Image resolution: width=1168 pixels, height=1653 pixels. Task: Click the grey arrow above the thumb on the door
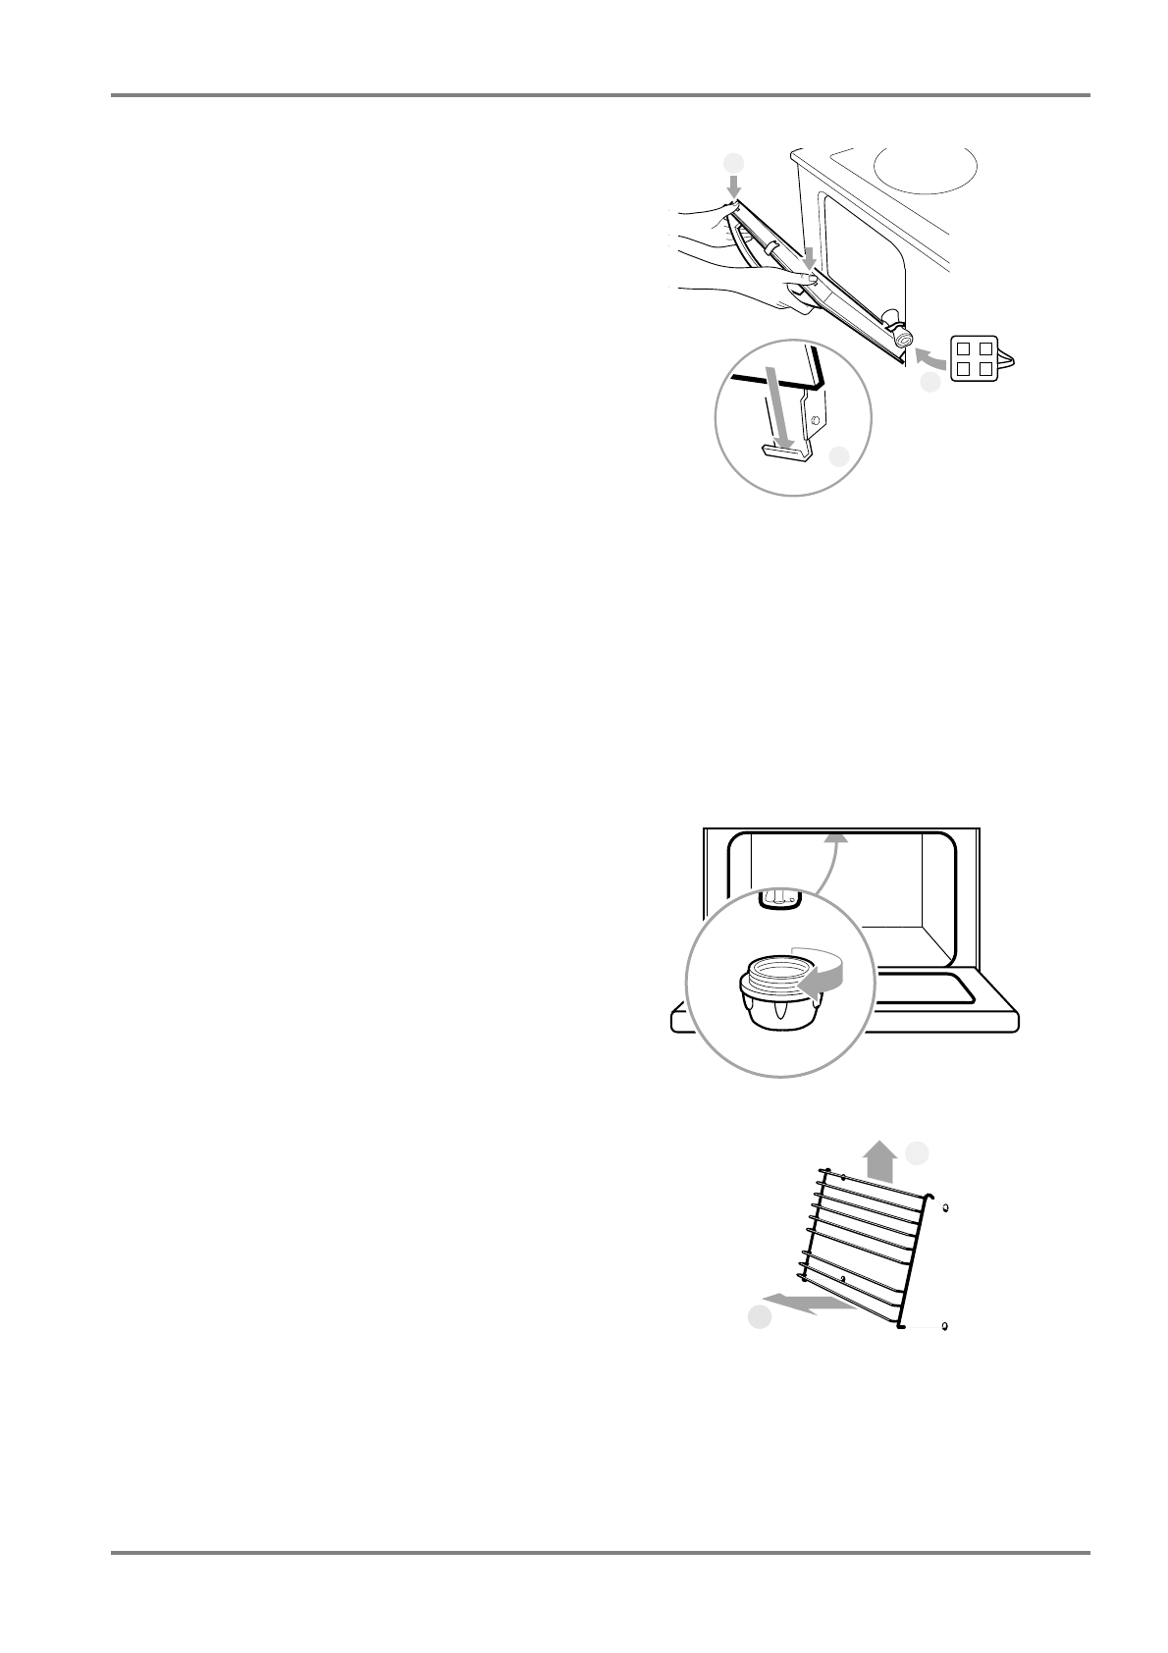pyautogui.click(x=808, y=258)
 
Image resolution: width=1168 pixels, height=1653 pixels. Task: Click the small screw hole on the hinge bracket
pyautogui.click(x=814, y=423)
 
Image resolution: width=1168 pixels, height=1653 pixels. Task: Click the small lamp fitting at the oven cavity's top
pyautogui.click(x=780, y=897)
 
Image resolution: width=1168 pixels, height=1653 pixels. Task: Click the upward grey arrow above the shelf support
pyautogui.click(x=881, y=1160)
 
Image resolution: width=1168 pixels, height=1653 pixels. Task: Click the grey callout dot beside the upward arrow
pyautogui.click(x=917, y=1152)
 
